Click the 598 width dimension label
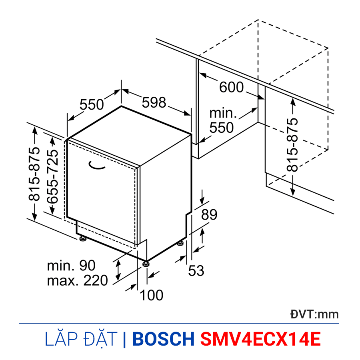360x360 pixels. click(x=154, y=102)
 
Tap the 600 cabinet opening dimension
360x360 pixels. click(x=231, y=87)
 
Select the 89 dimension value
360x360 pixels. click(x=209, y=215)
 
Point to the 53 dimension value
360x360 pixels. click(x=196, y=270)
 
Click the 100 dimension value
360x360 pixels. click(x=152, y=295)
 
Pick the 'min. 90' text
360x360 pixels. click(x=71, y=266)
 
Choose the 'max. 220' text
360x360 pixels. click(x=77, y=280)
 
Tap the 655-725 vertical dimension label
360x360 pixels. click(x=52, y=177)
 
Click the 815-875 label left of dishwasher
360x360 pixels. click(x=34, y=174)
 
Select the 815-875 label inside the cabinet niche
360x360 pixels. click(x=292, y=145)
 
